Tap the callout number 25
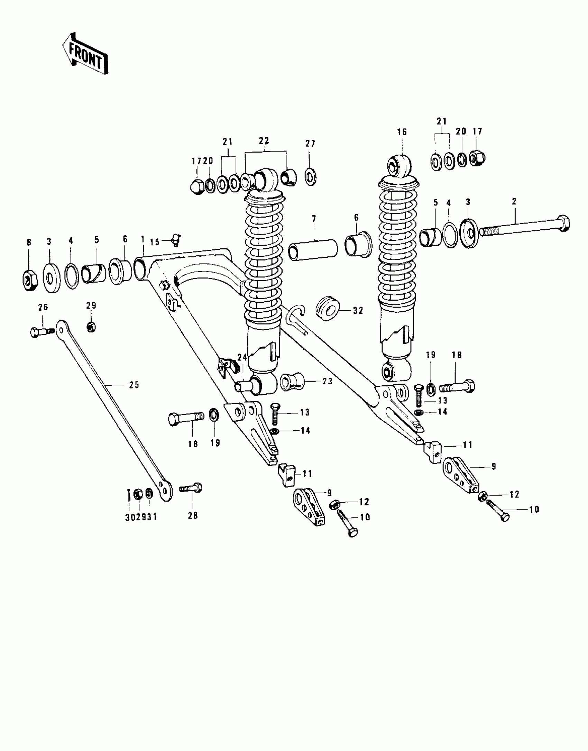[x=134, y=385]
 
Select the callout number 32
[x=358, y=311]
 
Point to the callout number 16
[x=402, y=132]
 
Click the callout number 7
[x=314, y=219]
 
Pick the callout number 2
[x=514, y=201]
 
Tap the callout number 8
[x=29, y=242]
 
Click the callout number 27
[x=310, y=144]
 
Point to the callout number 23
[x=327, y=381]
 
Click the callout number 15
[x=155, y=242]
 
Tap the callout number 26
[x=43, y=307]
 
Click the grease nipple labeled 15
[x=176, y=240]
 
